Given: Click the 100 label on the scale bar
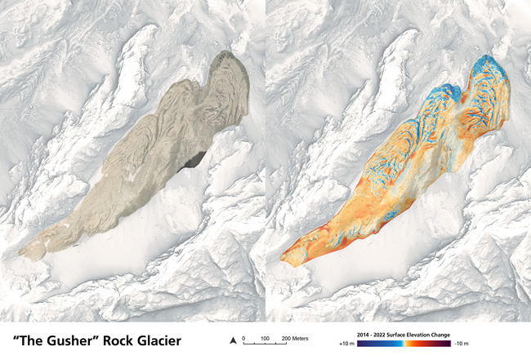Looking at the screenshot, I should [265, 337].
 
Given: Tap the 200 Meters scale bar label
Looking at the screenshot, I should [295, 337].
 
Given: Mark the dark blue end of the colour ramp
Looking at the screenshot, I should [362, 344].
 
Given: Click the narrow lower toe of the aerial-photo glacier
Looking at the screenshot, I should [33, 248].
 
